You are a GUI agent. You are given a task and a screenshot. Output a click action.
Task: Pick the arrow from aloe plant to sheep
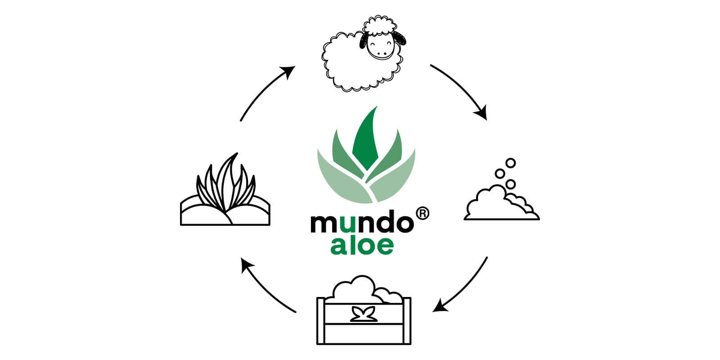pos(265,92)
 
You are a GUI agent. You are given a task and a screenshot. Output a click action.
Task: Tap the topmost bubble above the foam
pos(510,162)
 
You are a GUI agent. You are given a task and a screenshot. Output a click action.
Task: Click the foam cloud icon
pos(499,205)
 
